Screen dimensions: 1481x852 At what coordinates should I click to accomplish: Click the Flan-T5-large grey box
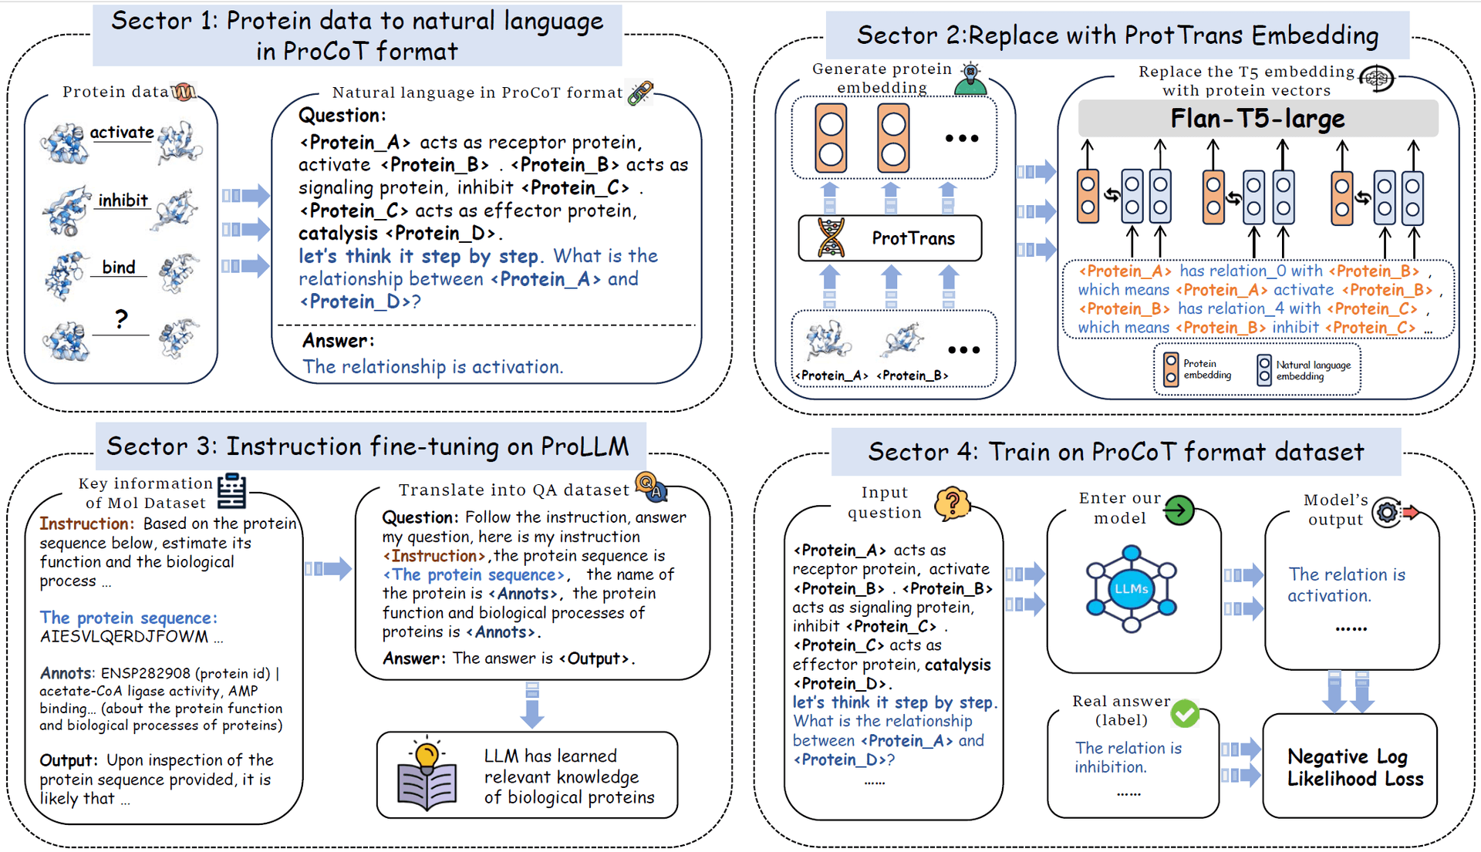(x=1257, y=119)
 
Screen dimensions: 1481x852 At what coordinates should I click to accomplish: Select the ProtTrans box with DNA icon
(x=890, y=238)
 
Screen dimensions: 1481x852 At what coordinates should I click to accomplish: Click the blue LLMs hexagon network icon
(x=1132, y=588)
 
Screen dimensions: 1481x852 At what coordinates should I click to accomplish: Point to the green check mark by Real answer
(x=1185, y=713)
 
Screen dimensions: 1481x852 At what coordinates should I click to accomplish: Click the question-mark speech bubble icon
(x=952, y=504)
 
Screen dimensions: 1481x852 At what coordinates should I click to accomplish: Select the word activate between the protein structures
(x=122, y=133)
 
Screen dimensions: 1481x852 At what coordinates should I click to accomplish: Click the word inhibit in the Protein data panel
(x=123, y=200)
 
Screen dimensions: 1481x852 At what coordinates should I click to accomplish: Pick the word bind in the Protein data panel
(x=119, y=267)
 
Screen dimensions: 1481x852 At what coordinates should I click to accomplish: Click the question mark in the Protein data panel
(x=121, y=318)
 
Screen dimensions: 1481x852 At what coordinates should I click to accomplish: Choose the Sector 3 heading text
(x=368, y=446)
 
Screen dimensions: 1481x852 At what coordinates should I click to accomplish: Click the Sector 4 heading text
(x=1116, y=452)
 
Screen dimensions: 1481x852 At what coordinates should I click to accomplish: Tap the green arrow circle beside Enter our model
(x=1179, y=510)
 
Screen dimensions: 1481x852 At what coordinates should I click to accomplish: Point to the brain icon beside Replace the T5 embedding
(x=1377, y=78)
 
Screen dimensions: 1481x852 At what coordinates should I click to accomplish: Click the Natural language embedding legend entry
(x=1304, y=370)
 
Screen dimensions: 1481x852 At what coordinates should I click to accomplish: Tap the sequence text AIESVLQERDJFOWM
(x=124, y=637)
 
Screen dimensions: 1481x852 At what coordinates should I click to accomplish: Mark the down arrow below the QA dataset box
(x=531, y=705)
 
